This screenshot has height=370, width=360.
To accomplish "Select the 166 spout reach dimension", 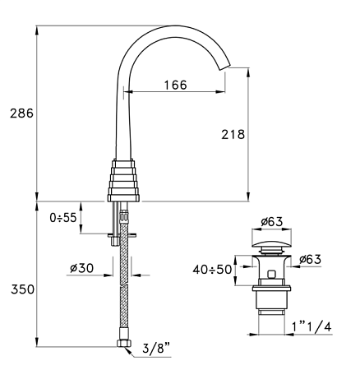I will point(174,85).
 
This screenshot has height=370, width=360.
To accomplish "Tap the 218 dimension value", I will point(234,133).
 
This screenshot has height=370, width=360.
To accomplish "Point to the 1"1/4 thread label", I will point(310,326).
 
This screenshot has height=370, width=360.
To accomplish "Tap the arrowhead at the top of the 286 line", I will point(38,30).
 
